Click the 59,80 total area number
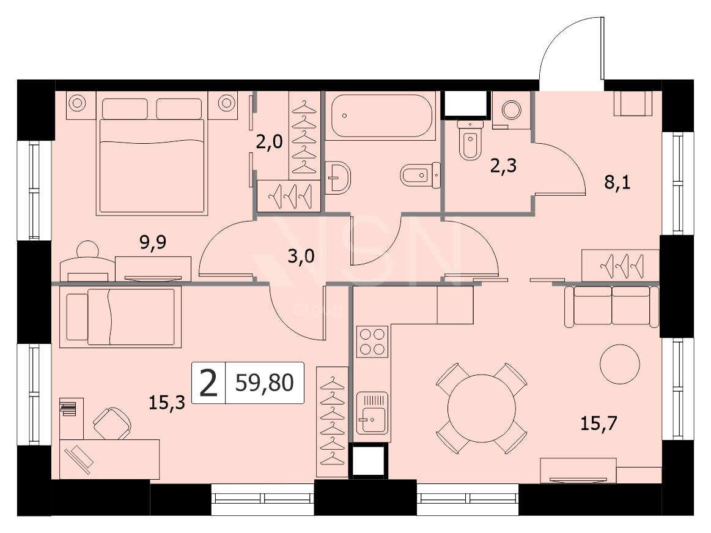pos(264,382)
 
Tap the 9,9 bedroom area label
pos(153,243)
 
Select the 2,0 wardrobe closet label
pos(270,142)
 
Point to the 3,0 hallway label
pos(301,256)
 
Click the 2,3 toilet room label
pos(503,166)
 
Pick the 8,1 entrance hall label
pos(617,182)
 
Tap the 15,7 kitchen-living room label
pos(599,423)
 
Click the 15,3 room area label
pos(167,403)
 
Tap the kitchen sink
pos(372,414)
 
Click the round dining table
pos(482,408)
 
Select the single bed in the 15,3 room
pos(120,316)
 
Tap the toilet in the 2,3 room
pos(470,140)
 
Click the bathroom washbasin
pos(338,177)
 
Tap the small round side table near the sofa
pos(620,364)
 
